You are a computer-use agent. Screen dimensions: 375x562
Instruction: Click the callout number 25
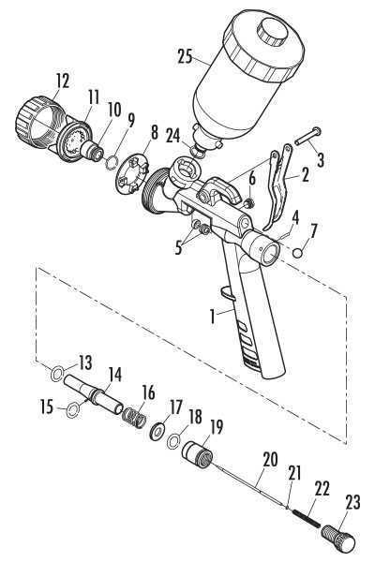point(186,56)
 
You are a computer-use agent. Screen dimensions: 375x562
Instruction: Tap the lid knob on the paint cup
point(273,31)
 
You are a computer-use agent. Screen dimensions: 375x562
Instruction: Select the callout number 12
point(63,81)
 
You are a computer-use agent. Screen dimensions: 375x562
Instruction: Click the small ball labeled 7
point(298,252)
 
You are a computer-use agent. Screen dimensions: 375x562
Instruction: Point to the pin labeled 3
point(307,137)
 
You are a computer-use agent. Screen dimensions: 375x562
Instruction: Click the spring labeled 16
point(134,417)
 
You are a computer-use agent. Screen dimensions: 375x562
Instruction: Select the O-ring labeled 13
point(56,374)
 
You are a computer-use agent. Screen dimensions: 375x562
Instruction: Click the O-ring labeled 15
point(73,410)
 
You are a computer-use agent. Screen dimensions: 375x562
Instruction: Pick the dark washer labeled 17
point(157,429)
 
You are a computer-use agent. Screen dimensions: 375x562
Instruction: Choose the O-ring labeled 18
point(173,441)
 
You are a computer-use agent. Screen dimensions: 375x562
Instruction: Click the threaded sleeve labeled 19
point(198,454)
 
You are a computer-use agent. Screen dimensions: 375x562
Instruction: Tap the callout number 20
point(270,460)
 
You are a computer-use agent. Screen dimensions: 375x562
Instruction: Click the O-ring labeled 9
point(112,161)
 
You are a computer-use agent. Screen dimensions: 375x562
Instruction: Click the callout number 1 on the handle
point(213,318)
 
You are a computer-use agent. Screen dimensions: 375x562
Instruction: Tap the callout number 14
point(114,375)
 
